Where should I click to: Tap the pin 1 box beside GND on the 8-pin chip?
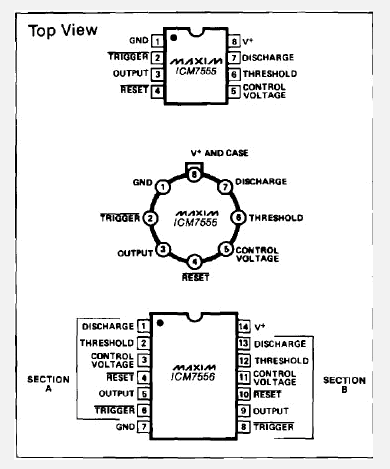coord(157,41)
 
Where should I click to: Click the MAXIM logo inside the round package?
coord(196,213)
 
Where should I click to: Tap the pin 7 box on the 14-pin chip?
coord(143,426)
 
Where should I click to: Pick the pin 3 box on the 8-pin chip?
coord(157,74)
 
